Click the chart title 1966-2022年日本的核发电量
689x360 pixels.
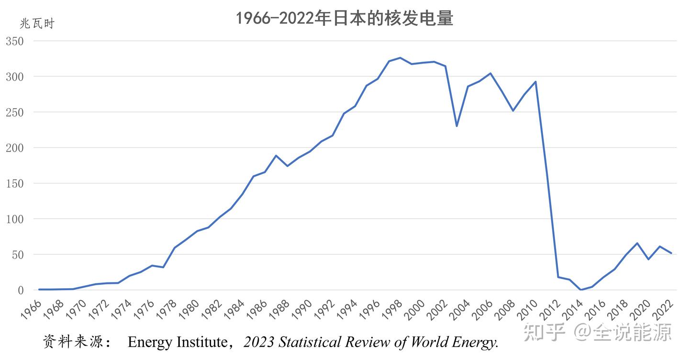point(344,19)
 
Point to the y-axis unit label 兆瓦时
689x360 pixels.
point(37,23)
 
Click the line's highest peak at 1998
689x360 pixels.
point(400,58)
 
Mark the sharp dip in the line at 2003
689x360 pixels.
point(456,126)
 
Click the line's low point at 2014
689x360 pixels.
point(581,290)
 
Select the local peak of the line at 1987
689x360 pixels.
point(276,156)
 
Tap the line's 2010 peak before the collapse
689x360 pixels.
point(535,82)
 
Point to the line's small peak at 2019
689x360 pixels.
point(637,243)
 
